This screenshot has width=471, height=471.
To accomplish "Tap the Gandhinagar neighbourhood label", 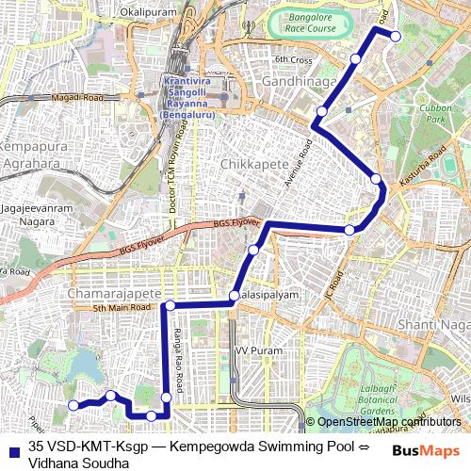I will (x=299, y=83).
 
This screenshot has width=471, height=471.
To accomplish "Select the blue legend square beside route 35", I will (x=11, y=447).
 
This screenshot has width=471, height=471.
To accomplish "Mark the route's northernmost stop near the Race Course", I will (x=396, y=37).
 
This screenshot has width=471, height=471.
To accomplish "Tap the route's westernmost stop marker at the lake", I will (x=73, y=405).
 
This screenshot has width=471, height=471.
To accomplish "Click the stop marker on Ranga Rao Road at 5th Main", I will (x=171, y=305).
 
